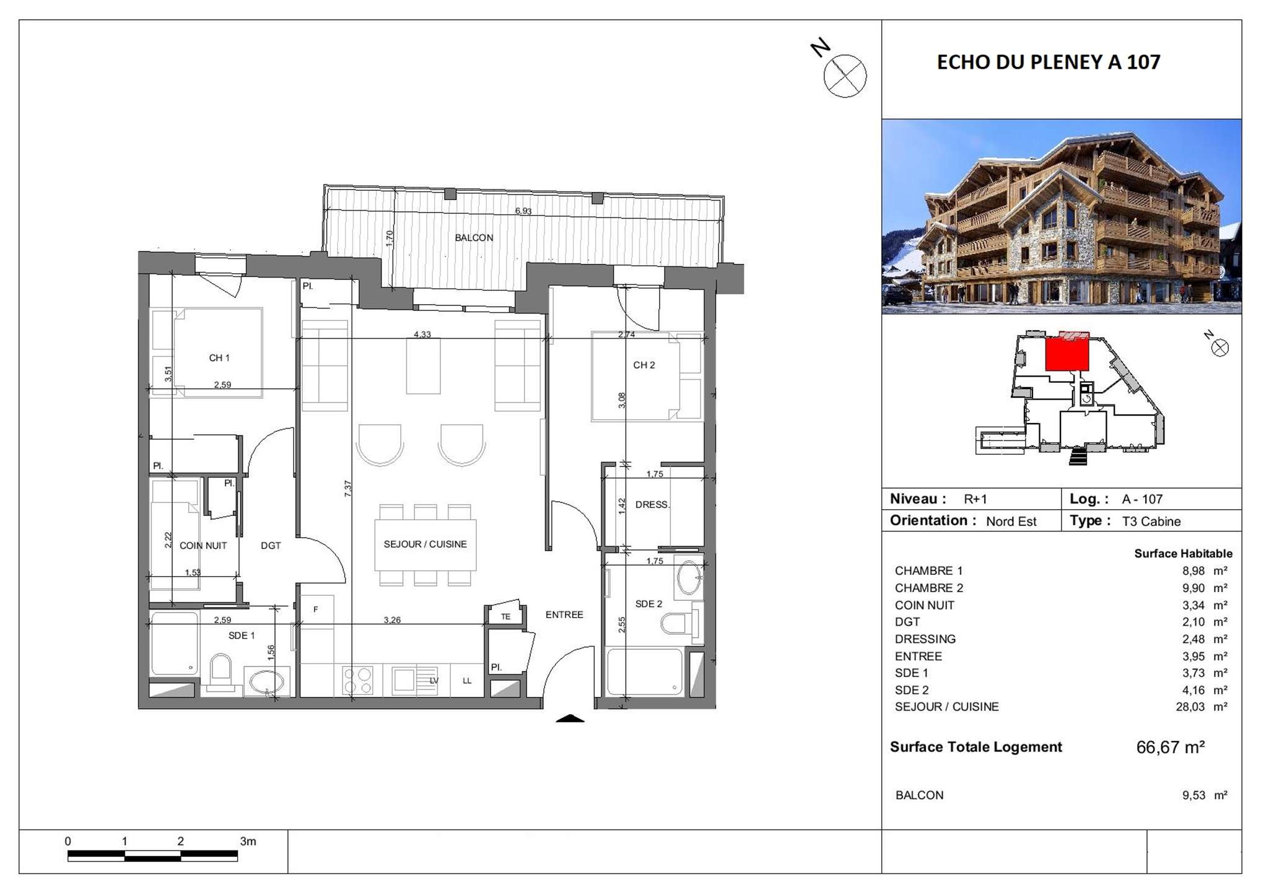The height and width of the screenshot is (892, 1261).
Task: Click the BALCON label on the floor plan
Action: (474, 238)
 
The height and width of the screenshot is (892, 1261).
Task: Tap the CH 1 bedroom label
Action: (219, 358)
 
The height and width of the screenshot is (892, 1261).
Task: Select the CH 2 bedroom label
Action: (644, 365)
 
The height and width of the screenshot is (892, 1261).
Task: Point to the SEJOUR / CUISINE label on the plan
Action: (425, 544)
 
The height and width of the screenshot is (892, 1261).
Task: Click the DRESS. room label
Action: (652, 505)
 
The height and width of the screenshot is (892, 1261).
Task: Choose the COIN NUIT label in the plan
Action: (203, 546)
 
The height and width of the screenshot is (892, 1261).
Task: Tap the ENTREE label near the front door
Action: (564, 615)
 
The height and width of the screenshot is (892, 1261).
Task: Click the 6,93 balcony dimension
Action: (523, 211)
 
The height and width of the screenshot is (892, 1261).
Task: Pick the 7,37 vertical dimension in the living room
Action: (348, 489)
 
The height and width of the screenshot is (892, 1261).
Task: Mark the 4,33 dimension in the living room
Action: (422, 334)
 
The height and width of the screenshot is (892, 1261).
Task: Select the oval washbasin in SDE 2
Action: (689, 578)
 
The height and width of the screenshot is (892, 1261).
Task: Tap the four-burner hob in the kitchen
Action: (357, 680)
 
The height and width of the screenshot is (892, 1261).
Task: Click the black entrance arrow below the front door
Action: (570, 719)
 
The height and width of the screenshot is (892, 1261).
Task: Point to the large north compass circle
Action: (845, 76)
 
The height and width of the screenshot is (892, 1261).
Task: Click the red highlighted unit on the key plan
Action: (1067, 353)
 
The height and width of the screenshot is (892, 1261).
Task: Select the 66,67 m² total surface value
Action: (1170, 748)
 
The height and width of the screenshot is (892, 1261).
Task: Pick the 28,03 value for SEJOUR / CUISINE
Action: (1190, 707)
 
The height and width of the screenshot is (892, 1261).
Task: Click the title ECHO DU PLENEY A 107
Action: (1049, 63)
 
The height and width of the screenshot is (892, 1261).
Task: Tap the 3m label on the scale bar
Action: (248, 842)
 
